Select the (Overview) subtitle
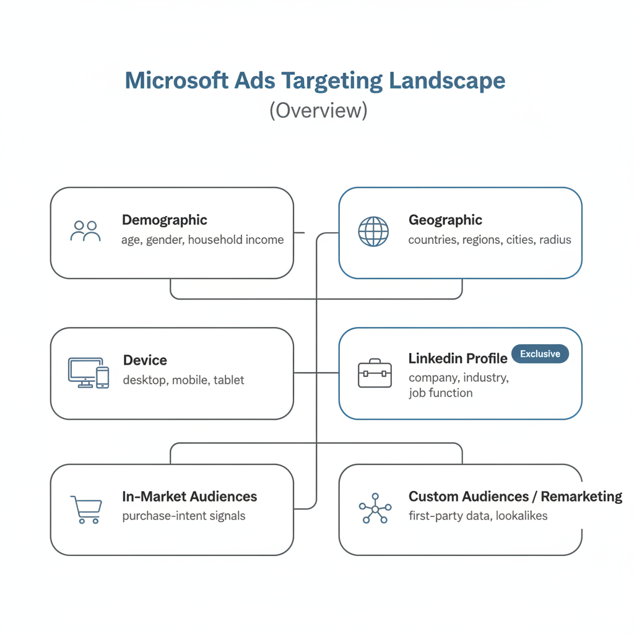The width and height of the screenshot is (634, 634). [318, 110]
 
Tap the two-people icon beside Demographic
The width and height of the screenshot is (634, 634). [85, 231]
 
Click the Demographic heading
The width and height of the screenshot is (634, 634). [165, 220]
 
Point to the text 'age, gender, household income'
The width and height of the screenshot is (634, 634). [202, 240]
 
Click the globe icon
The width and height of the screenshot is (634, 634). [373, 232]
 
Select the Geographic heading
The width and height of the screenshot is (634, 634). [445, 220]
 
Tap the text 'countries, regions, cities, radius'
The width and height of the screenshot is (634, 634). [490, 240]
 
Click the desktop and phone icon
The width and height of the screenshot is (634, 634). [88, 373]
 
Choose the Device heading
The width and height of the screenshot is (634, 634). [145, 360]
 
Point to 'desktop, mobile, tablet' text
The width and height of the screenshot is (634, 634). [183, 380]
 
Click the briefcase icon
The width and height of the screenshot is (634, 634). [375, 373]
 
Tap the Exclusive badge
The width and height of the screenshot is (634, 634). [540, 354]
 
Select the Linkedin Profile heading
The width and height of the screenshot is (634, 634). [458, 358]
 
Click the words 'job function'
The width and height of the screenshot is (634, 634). [440, 393]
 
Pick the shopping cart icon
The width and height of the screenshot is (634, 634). [86, 510]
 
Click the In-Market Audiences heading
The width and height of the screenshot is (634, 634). [189, 497]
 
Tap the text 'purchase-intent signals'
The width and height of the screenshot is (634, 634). [184, 516]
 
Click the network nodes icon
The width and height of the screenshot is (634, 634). [375, 509]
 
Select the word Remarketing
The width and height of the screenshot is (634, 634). [581, 497]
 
